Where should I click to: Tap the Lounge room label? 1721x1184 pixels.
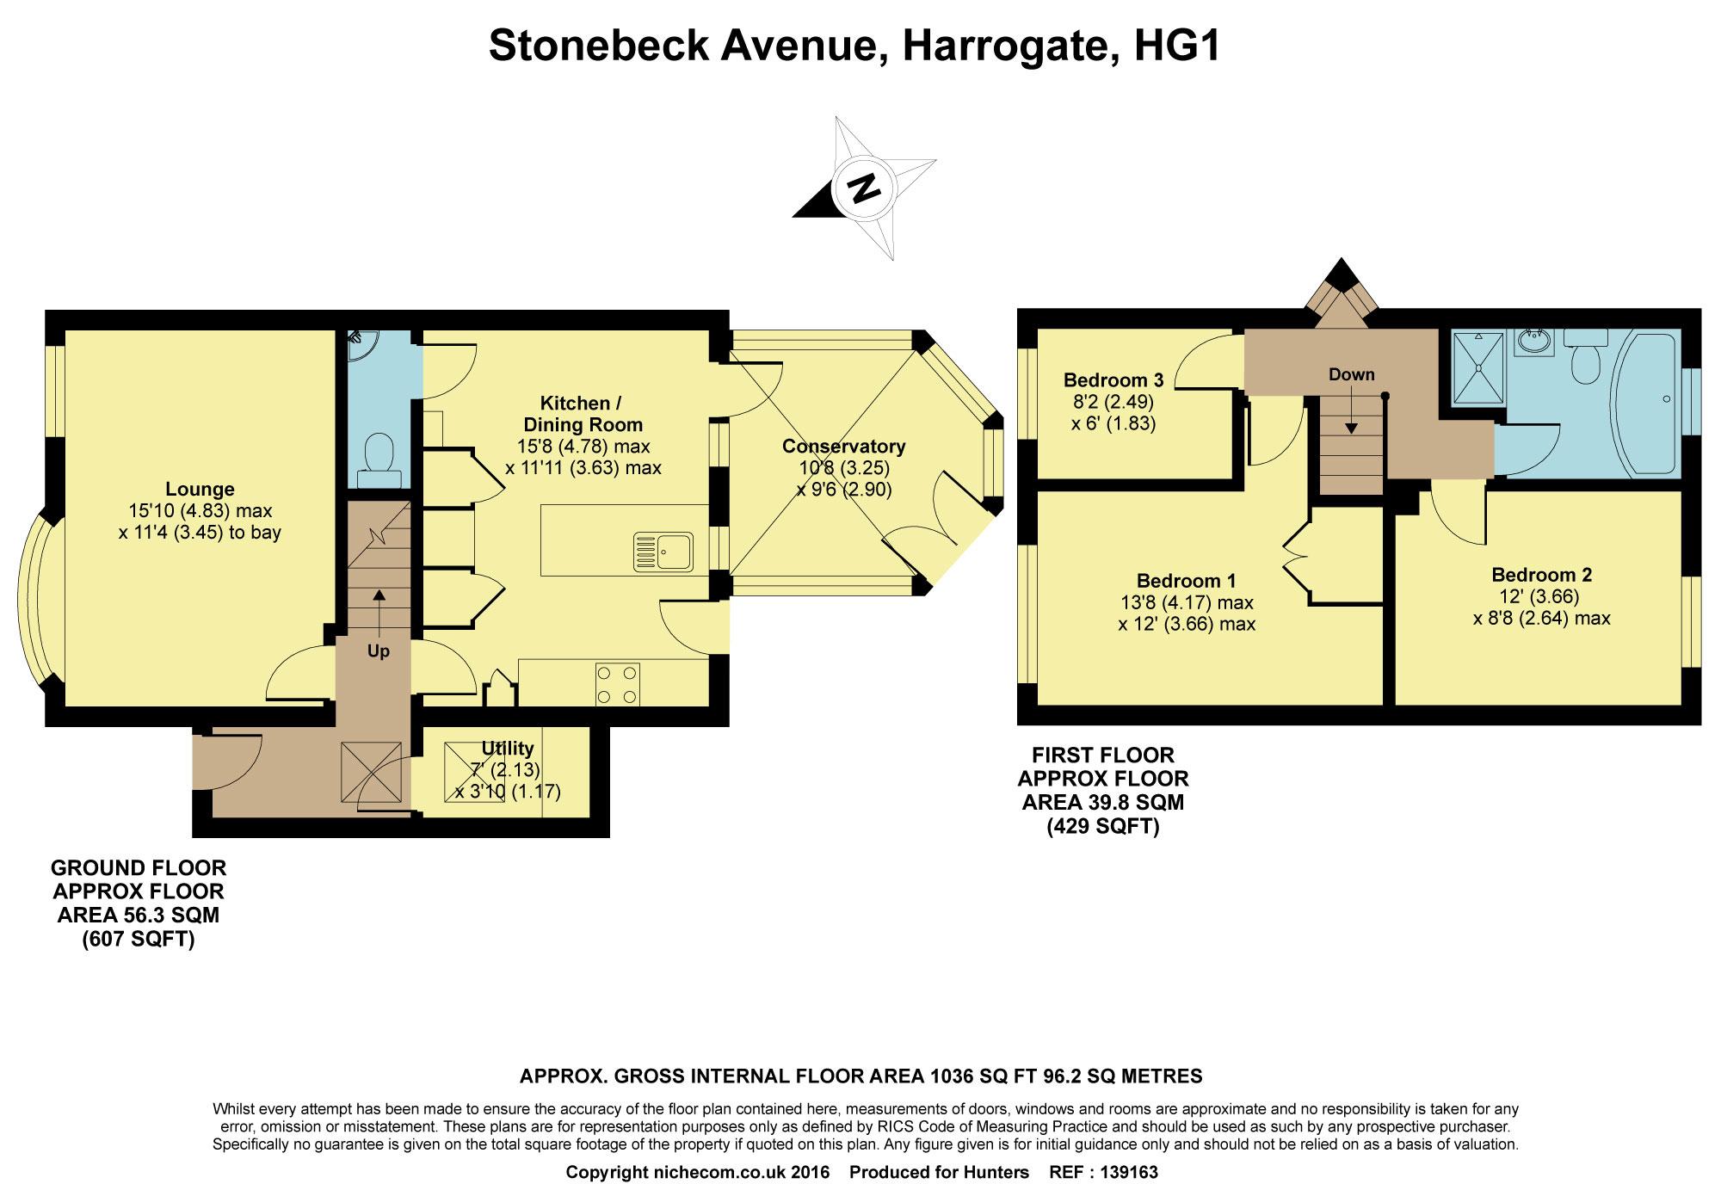[x=200, y=490]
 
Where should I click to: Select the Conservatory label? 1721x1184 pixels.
[x=843, y=447]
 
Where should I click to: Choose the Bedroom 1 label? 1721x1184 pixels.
[x=1187, y=581]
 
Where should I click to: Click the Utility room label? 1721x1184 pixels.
[x=508, y=749]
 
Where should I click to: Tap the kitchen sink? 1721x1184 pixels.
[x=663, y=552]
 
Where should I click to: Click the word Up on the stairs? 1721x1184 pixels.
[x=379, y=651]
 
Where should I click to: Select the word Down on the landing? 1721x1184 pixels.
[x=1352, y=374]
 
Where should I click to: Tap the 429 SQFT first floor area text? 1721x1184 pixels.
[x=1103, y=827]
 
